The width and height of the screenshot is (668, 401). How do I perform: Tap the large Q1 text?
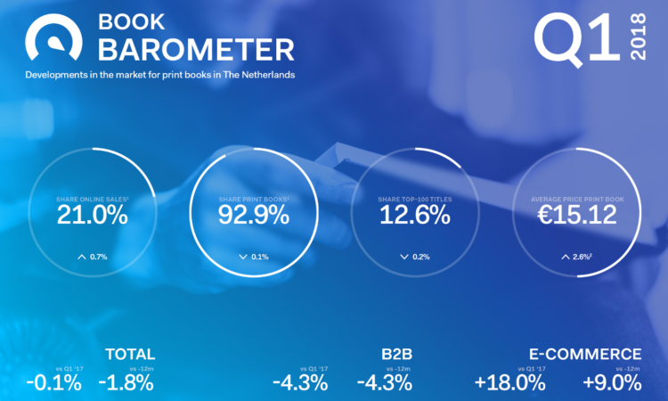point(575,37)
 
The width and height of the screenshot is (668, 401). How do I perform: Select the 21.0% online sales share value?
point(93,215)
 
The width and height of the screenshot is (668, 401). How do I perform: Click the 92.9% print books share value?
point(253,215)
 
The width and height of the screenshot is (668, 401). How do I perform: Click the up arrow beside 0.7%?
point(82,257)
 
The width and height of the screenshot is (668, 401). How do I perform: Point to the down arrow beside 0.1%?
point(242,257)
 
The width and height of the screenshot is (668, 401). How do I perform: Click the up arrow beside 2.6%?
point(565,257)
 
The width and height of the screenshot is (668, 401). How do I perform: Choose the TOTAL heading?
point(130,354)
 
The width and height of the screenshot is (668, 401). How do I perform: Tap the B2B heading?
point(396,354)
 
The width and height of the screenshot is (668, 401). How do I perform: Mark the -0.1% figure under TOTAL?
point(54,383)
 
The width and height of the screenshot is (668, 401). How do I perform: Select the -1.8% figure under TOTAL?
point(126,383)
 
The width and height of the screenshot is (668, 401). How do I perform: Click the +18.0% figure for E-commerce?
point(509,383)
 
